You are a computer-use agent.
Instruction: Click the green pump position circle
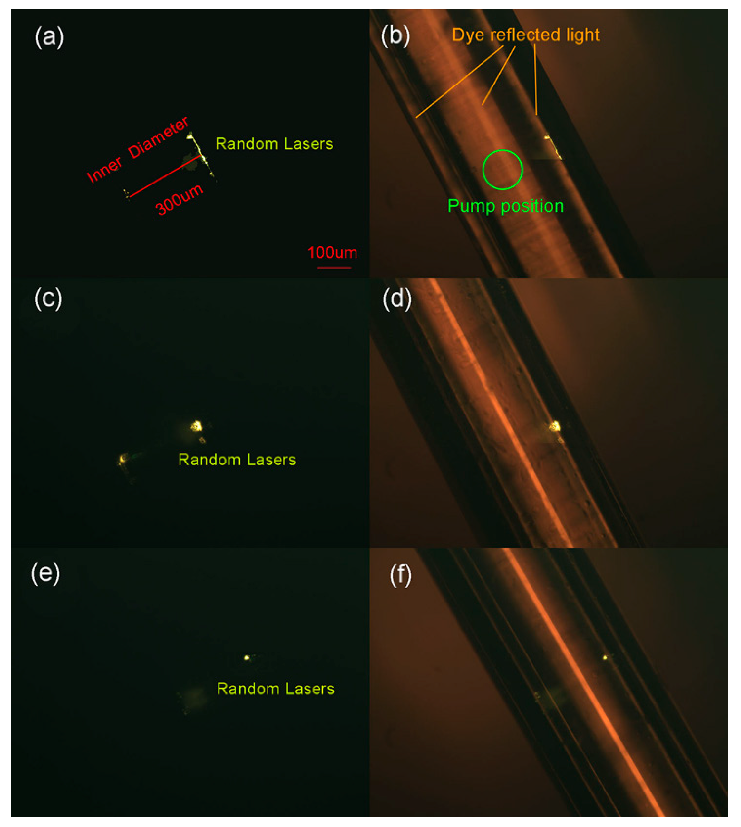coord(502,169)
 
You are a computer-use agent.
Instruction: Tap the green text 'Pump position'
coord(505,206)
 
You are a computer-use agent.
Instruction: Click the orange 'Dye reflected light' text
coord(526,35)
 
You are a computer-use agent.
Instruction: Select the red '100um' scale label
coord(332,253)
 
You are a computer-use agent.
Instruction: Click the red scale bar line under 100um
coord(334,268)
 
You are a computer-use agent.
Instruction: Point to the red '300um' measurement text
coord(179,199)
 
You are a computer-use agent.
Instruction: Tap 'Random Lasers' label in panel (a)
coord(274,144)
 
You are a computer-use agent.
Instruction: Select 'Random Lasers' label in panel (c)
coord(237,460)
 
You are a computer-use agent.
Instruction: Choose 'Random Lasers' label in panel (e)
coord(276,689)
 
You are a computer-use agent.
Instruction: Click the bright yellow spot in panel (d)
coord(554,426)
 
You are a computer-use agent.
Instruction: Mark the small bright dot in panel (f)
coord(605,658)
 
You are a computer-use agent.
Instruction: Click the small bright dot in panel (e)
coord(246,658)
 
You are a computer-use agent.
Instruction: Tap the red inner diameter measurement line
coord(165,176)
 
